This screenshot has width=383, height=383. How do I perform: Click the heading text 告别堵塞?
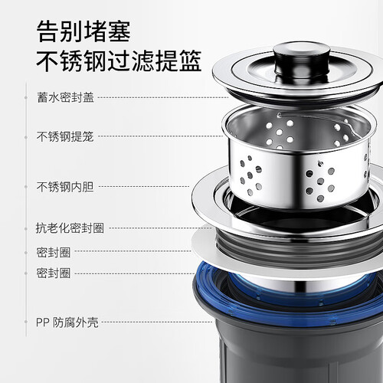tap(83, 31)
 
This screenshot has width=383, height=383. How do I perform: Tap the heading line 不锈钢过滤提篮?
tap(119, 61)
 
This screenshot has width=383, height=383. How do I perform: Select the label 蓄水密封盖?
tap(66, 97)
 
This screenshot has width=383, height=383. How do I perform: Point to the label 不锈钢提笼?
tap(65, 136)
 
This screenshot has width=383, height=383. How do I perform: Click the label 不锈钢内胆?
tap(65, 187)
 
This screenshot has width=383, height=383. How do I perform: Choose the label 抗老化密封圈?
tap(70, 228)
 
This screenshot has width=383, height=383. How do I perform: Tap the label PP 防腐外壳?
tap(67, 322)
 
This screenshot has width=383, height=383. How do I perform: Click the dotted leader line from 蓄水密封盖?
tap(163, 97)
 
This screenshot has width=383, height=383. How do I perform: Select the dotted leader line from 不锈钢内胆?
tap(144, 186)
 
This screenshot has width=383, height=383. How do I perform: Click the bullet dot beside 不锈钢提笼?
tap(26, 137)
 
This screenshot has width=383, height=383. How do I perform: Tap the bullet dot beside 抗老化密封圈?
tap(26, 229)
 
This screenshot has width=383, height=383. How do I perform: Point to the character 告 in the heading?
tap(48, 31)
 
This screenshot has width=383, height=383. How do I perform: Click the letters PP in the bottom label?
tap(42, 322)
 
